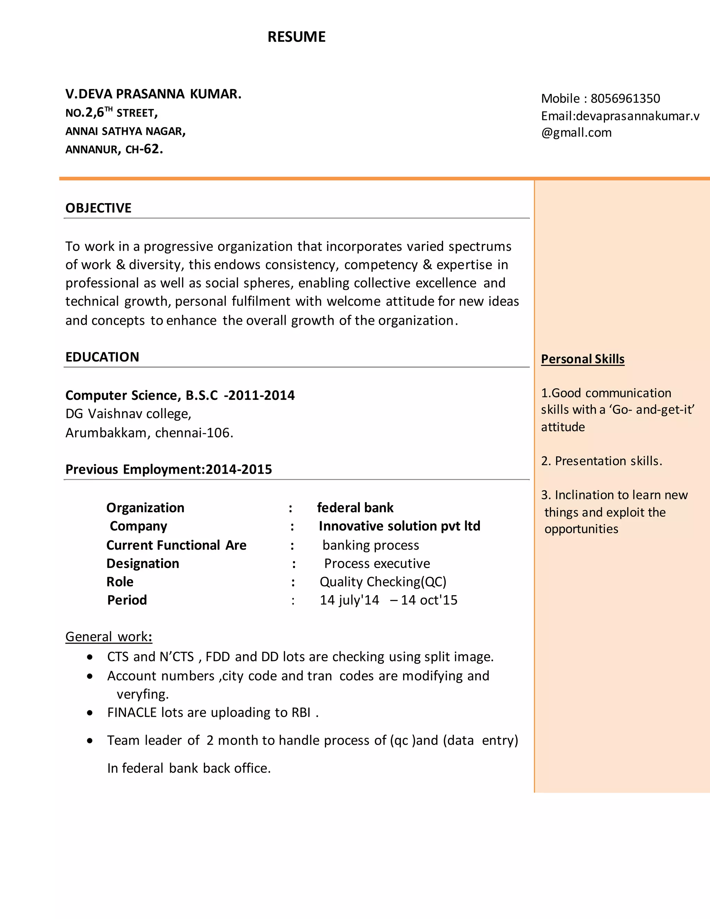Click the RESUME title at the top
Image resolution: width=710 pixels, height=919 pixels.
(296, 37)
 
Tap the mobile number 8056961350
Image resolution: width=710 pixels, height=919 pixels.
(625, 98)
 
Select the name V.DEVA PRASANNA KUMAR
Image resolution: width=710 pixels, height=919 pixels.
(154, 94)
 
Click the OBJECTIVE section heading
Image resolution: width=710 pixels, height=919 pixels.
(98, 208)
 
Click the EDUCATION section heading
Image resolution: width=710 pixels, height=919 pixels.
(102, 357)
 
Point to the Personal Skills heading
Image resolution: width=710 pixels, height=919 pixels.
(582, 359)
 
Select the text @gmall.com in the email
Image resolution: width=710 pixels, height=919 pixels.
(576, 132)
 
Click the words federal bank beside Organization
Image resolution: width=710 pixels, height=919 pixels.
(355, 507)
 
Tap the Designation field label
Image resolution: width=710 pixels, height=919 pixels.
(142, 564)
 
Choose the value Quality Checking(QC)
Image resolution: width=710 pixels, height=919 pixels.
(383, 582)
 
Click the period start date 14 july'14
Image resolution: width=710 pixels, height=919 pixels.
(349, 600)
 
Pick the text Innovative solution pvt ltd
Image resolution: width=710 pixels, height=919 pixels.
(399, 526)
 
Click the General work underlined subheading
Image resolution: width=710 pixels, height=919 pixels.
(109, 637)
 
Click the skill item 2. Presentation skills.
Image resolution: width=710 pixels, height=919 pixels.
(601, 461)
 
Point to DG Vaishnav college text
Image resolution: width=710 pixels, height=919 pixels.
(128, 414)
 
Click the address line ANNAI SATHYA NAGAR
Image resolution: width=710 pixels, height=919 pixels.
(125, 131)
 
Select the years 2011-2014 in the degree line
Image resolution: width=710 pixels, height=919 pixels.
(261, 395)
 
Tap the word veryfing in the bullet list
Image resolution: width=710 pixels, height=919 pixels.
(142, 694)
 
